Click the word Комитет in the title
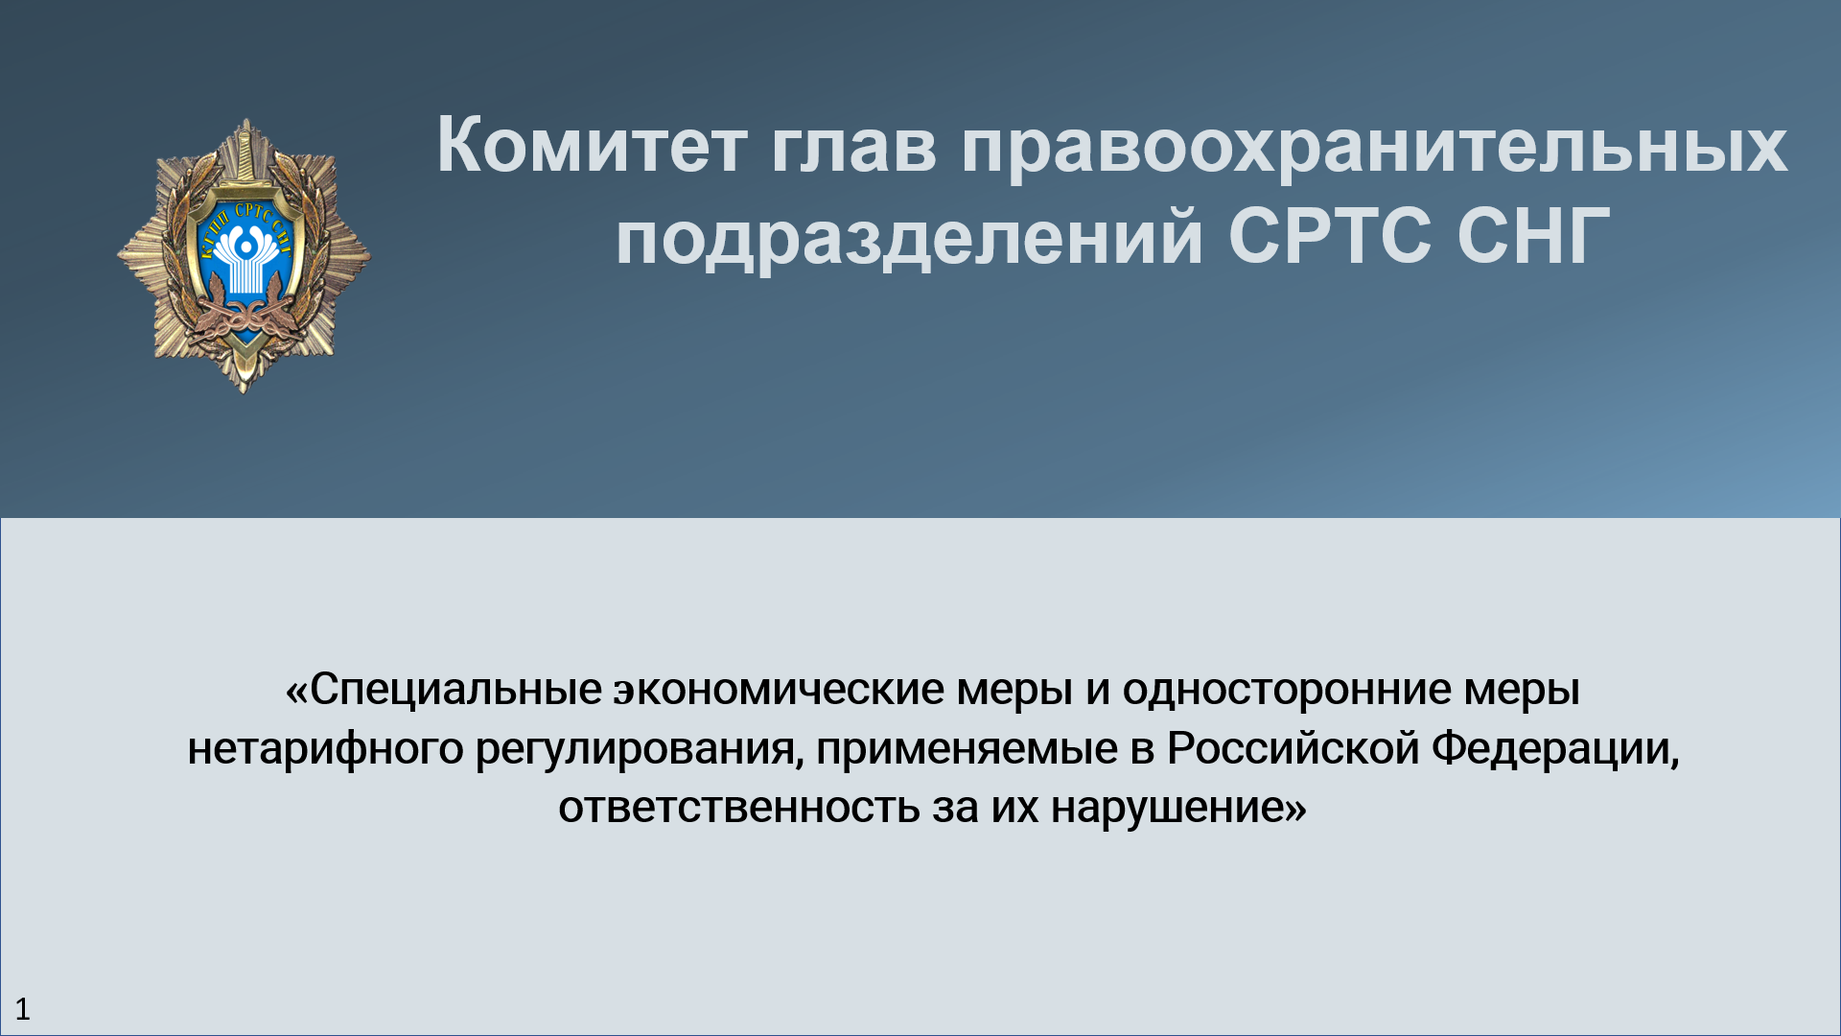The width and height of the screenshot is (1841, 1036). (x=591, y=146)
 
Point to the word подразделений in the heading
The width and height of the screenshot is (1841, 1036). (x=908, y=238)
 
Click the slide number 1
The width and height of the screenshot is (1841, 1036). (x=23, y=1009)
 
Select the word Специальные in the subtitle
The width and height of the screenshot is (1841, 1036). (x=454, y=690)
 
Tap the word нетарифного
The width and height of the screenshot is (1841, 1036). (x=325, y=749)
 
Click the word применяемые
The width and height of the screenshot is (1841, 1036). (x=967, y=749)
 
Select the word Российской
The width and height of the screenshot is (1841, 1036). (x=1293, y=749)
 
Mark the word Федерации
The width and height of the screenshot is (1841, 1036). (x=1554, y=749)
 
